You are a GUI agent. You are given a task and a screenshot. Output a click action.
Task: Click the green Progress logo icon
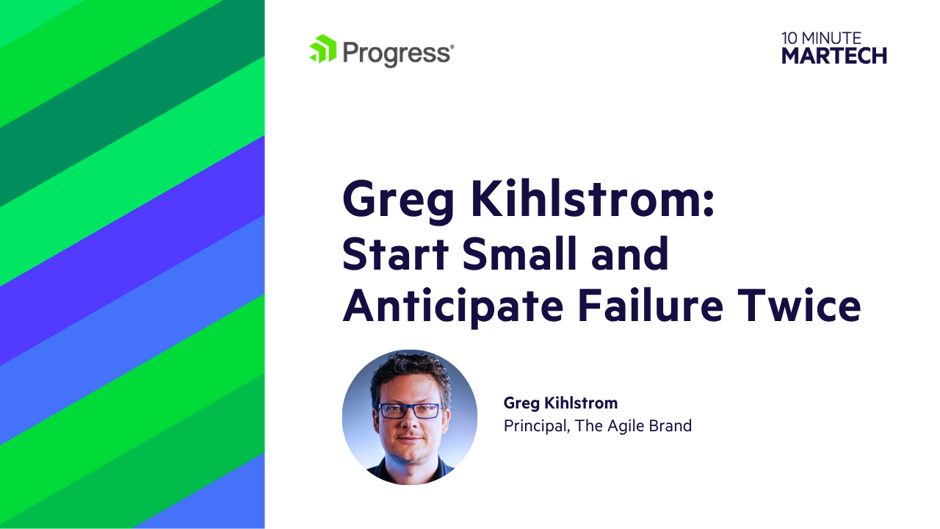(x=322, y=49)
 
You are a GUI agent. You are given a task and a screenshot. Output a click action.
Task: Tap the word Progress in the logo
(x=397, y=53)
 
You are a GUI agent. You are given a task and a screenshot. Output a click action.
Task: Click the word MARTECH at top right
(x=834, y=55)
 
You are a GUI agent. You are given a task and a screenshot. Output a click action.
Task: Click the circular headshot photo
(x=409, y=417)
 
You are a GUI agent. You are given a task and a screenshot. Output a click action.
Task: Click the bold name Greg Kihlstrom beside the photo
(x=560, y=403)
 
